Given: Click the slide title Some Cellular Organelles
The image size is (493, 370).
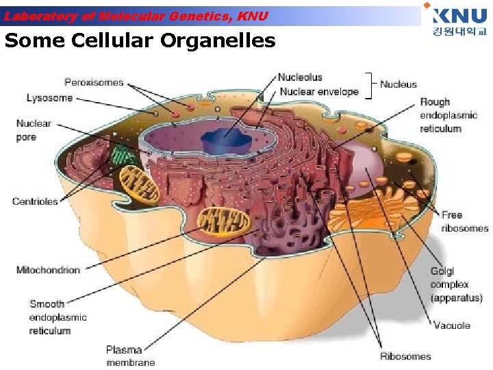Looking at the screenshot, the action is [x=140, y=41].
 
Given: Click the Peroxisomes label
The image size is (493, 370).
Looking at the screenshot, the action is [x=94, y=82].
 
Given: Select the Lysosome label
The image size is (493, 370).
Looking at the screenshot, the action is [x=49, y=98].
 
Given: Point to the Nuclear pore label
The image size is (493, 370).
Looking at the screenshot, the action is [x=34, y=130].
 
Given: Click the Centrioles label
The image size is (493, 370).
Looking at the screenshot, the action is [x=35, y=201].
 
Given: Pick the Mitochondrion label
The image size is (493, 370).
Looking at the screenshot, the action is [x=48, y=270].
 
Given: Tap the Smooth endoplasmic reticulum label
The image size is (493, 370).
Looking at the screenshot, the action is [x=58, y=317].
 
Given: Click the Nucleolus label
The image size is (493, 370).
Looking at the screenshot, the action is [x=300, y=77].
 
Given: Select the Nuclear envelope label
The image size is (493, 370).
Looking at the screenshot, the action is [x=318, y=91].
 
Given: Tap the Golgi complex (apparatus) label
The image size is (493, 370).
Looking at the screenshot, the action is [x=456, y=284].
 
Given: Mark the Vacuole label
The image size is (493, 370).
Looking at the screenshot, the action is [x=452, y=325].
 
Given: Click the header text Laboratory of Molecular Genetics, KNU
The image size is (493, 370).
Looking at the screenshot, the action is [x=137, y=16].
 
